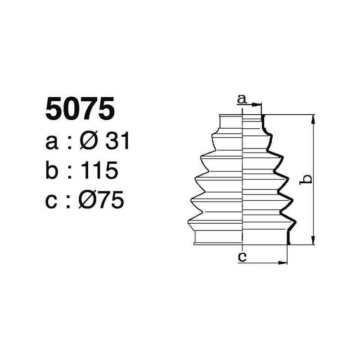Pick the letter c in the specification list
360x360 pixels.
click(x=52, y=201)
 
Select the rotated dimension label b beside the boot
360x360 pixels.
click(x=306, y=179)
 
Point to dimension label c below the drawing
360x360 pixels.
click(x=242, y=257)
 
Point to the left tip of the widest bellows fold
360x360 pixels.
click(x=188, y=221)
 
